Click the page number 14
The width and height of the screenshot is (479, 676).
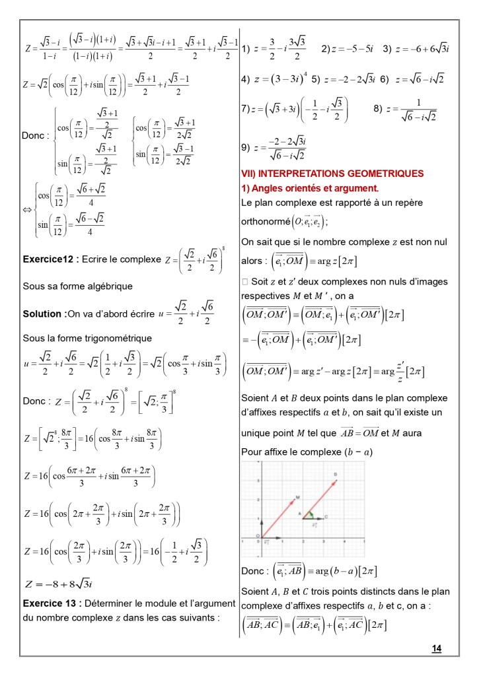[436, 649]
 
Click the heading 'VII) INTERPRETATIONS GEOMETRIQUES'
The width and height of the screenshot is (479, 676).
[332, 174]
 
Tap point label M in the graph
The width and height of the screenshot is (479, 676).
[298, 496]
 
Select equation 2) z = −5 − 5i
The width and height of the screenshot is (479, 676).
[348, 49]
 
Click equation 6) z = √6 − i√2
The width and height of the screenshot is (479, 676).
[413, 79]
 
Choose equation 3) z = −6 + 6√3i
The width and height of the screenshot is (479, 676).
[416, 49]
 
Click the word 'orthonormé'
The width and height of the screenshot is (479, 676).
[266, 222]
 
